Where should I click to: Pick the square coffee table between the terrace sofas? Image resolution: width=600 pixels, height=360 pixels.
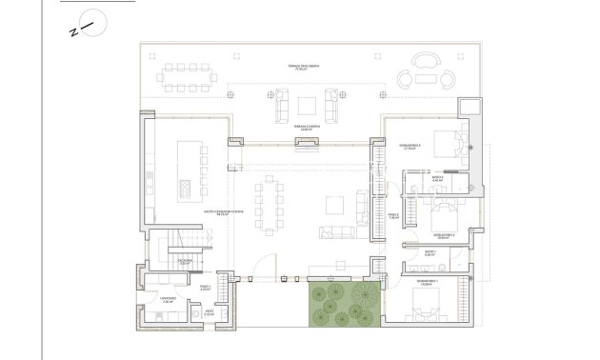click(308, 105)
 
